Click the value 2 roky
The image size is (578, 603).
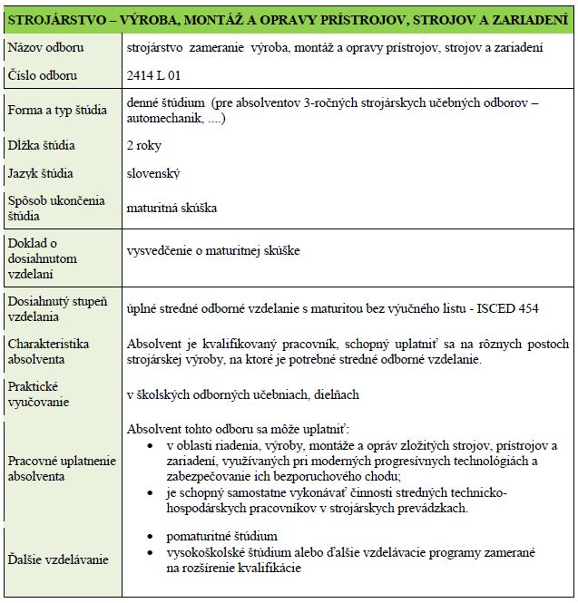click(146, 145)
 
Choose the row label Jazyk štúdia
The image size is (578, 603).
click(41, 173)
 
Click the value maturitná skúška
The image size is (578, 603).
click(172, 208)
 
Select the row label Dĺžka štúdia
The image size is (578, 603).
click(42, 145)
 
